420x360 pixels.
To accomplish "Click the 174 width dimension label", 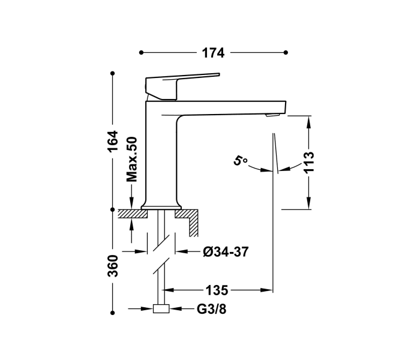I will tap(212, 53).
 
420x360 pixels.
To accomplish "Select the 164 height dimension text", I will tap(113, 141).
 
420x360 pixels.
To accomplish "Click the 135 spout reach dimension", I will tap(217, 290).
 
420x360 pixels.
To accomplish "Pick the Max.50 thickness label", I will tap(132, 159).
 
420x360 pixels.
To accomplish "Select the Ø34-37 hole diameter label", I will tap(226, 252).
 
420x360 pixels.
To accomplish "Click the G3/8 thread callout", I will tap(212, 310).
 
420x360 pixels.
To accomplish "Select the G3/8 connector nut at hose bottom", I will tap(161, 310).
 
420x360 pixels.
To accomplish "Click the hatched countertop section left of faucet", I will tap(129, 213).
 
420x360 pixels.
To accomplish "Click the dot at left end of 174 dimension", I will tap(141, 53).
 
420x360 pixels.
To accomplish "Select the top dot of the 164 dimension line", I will tap(113, 74).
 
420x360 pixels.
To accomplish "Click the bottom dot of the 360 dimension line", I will tap(113, 312).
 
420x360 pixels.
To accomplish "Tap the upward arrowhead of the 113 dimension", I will tap(309, 120).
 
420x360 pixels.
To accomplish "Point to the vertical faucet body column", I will tap(160, 156).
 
